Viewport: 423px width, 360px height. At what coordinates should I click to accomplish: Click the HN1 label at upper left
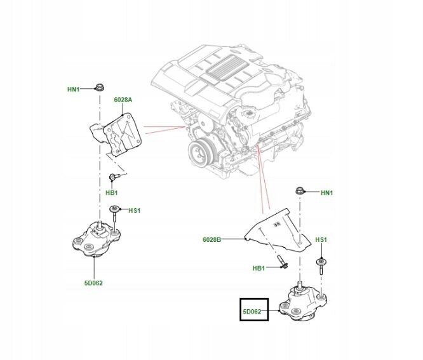(x=74, y=90)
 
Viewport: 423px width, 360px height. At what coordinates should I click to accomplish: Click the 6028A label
(x=123, y=100)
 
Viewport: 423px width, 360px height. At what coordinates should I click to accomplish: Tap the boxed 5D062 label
(x=253, y=310)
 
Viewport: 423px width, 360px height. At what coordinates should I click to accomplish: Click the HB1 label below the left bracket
(x=111, y=192)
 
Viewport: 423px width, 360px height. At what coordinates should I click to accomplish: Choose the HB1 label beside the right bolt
(x=258, y=269)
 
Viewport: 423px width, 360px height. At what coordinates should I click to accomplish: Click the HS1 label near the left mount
(x=134, y=210)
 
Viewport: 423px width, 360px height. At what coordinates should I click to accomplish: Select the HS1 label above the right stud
(x=321, y=239)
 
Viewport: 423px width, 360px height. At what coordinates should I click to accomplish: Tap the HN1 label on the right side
(x=327, y=192)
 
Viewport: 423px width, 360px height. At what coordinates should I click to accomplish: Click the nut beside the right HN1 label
(x=300, y=190)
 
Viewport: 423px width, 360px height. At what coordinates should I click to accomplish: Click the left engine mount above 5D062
(x=96, y=241)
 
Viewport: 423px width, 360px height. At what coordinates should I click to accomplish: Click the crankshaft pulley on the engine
(x=201, y=154)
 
